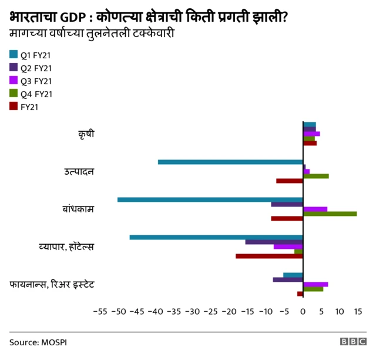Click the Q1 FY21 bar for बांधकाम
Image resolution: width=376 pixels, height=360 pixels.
pos(210,199)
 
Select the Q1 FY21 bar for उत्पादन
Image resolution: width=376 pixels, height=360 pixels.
pos(230,162)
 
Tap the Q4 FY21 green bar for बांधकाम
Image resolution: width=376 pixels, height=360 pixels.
pos(330,214)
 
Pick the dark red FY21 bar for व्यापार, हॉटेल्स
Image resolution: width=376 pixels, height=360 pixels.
pos(269,256)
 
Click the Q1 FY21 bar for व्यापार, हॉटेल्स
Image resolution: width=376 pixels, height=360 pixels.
pos(216,237)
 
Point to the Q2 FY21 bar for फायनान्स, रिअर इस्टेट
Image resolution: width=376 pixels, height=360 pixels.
pos(288,279)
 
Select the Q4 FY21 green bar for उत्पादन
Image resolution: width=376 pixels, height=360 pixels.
pos(315,176)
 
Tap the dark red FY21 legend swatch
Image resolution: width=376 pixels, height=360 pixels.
pos(14,106)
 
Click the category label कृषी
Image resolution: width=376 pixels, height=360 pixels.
pos(86,134)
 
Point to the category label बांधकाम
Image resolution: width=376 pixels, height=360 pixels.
pos(79,209)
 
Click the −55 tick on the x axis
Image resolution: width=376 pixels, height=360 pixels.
pos(100,311)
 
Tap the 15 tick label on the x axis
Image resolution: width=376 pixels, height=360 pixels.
pos(357,311)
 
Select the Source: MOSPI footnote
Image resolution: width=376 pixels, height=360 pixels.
pos(38,342)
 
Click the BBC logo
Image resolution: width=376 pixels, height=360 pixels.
pos(352,342)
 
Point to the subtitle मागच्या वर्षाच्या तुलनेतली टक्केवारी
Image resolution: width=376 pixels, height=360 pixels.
pos(93,32)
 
